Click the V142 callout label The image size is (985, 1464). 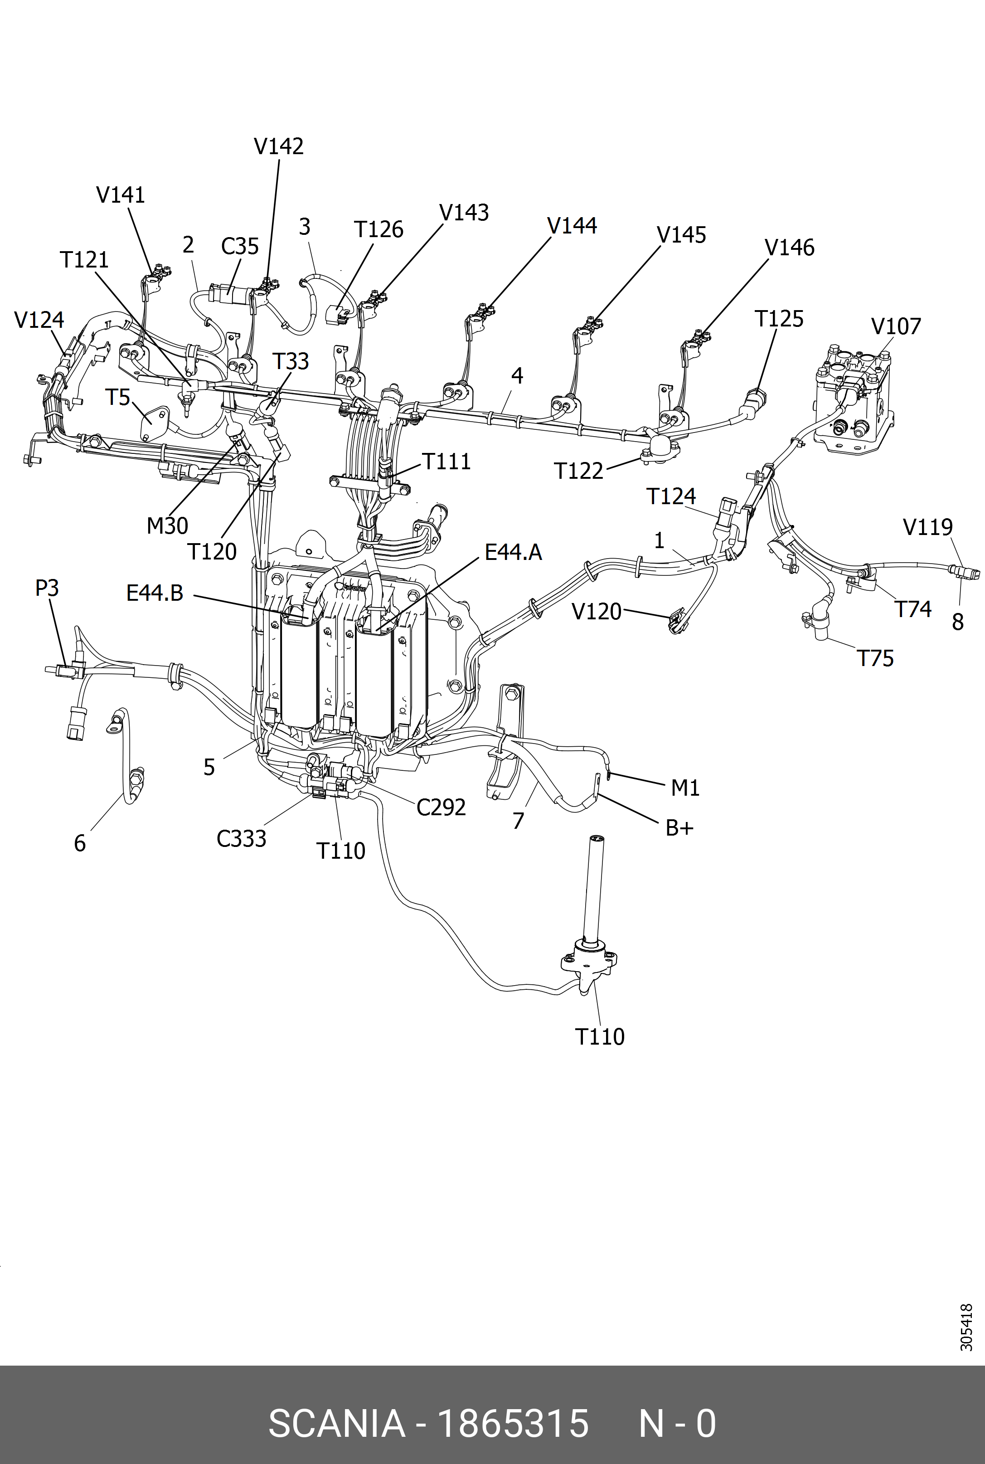(278, 146)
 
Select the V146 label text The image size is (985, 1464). (790, 248)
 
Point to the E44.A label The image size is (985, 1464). (513, 552)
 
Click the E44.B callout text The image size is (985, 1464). (155, 593)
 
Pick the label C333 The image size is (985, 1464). (241, 839)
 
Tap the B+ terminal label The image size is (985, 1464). (679, 828)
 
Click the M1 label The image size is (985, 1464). (685, 787)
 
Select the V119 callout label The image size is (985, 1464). (928, 527)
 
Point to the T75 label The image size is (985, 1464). (875, 658)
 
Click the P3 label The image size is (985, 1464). (47, 588)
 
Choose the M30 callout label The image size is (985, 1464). (167, 525)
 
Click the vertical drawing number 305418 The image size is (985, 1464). (966, 1327)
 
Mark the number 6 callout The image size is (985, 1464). (80, 843)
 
